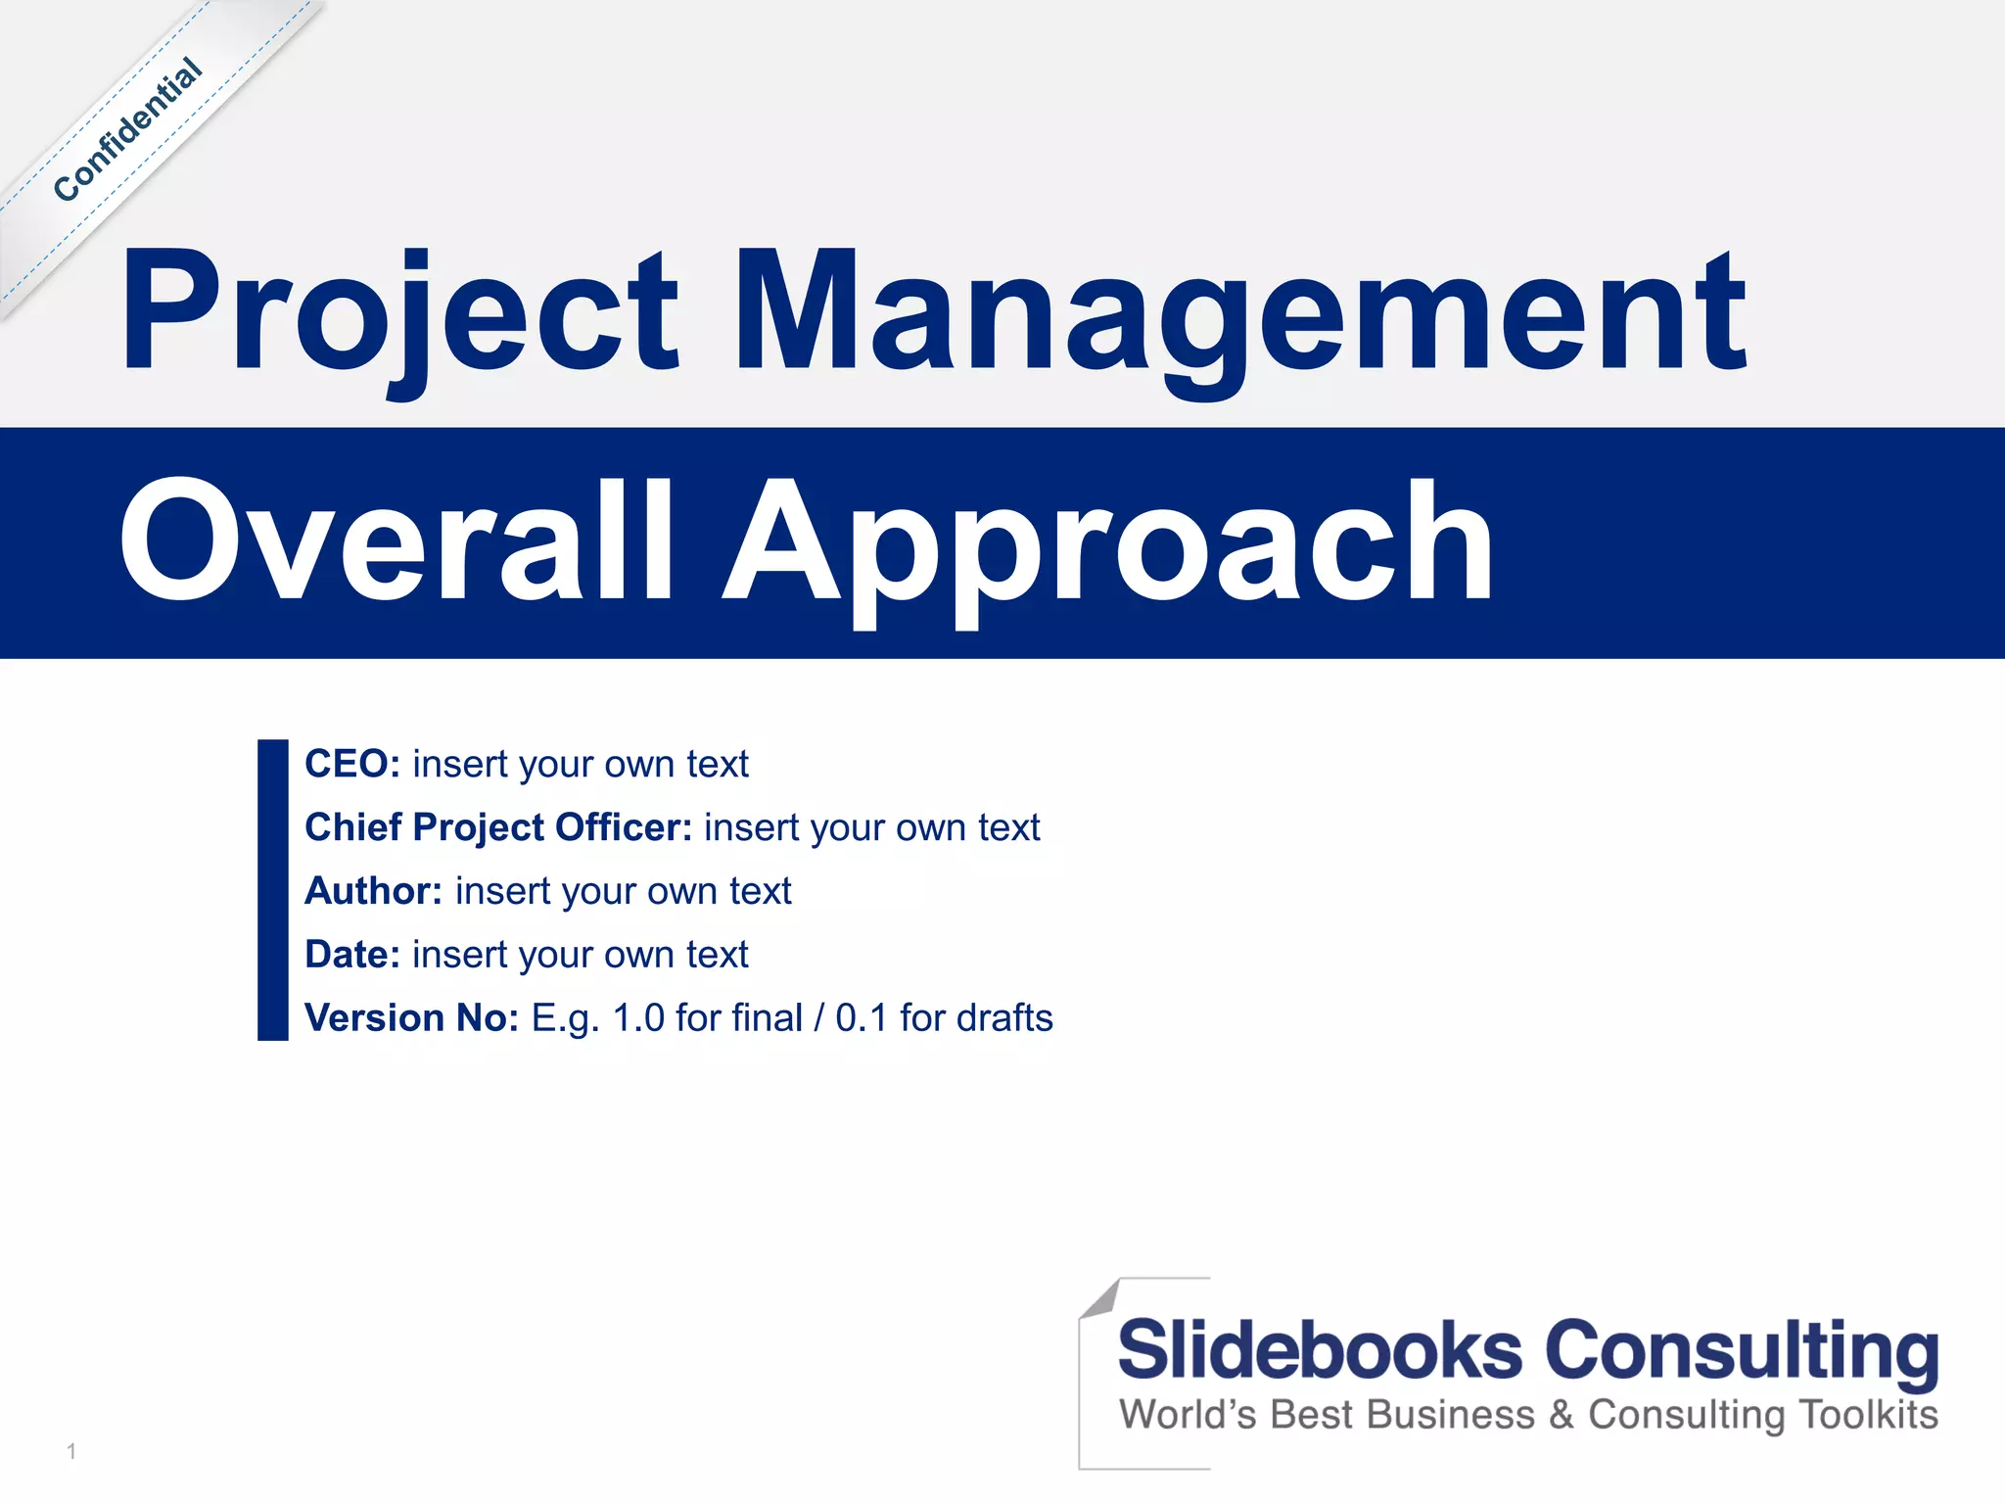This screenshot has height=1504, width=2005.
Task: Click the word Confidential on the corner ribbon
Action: click(x=127, y=130)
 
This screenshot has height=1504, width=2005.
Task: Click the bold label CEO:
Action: click(x=352, y=764)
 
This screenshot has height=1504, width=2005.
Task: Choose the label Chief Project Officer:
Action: click(x=498, y=827)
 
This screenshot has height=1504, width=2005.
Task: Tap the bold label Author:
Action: click(x=373, y=891)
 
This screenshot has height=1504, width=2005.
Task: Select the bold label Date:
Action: click(x=352, y=955)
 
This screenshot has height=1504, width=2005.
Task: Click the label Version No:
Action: click(x=411, y=1018)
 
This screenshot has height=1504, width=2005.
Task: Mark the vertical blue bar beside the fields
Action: click(x=272, y=889)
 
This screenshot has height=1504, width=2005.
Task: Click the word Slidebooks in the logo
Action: click(x=1319, y=1351)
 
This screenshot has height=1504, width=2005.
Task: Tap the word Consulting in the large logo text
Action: click(x=1742, y=1351)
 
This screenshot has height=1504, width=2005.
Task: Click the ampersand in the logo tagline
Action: click(x=1562, y=1416)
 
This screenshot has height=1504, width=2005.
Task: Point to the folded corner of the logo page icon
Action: click(x=1100, y=1298)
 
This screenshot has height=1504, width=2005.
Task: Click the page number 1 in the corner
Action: click(x=71, y=1451)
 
